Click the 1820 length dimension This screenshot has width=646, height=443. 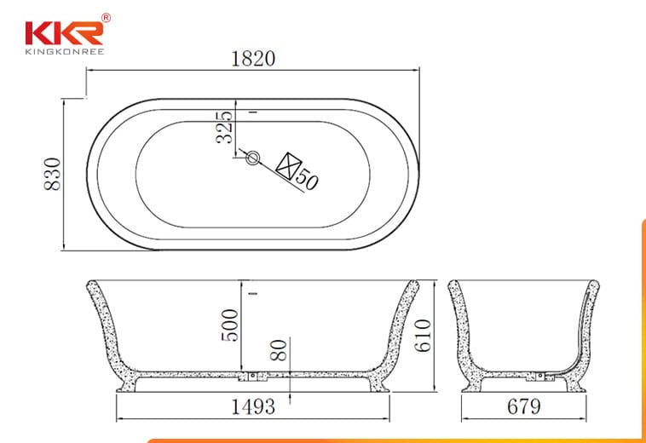coord(253,59)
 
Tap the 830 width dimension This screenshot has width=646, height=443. coord(53,174)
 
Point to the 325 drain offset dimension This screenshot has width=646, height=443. coord(224,127)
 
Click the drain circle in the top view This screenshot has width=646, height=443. coord(252,158)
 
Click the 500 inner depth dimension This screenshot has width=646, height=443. coord(230,325)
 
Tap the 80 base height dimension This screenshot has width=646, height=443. coord(279,350)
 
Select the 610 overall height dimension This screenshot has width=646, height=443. coord(423,336)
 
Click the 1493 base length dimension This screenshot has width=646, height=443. coord(253,406)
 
